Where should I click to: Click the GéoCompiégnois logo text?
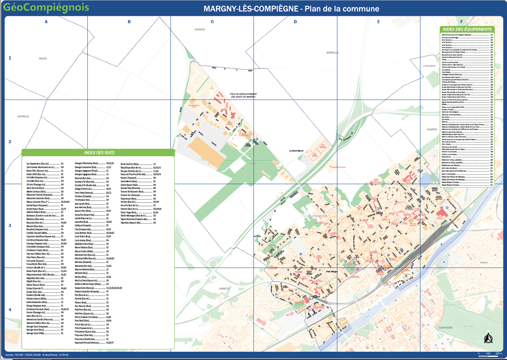point(46,7)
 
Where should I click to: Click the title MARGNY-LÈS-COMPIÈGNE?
point(250,9)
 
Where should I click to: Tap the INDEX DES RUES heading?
point(98,153)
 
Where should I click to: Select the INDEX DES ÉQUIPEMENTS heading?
point(467,29)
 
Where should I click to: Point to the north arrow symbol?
point(487,338)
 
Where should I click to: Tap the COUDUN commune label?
point(200,29)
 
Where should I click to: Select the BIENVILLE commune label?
point(332,52)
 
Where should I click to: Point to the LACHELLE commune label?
point(23,116)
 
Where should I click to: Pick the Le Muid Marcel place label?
point(296,151)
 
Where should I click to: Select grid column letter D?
point(295,22)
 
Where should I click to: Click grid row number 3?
point(10,225)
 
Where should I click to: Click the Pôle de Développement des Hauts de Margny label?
point(244,95)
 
